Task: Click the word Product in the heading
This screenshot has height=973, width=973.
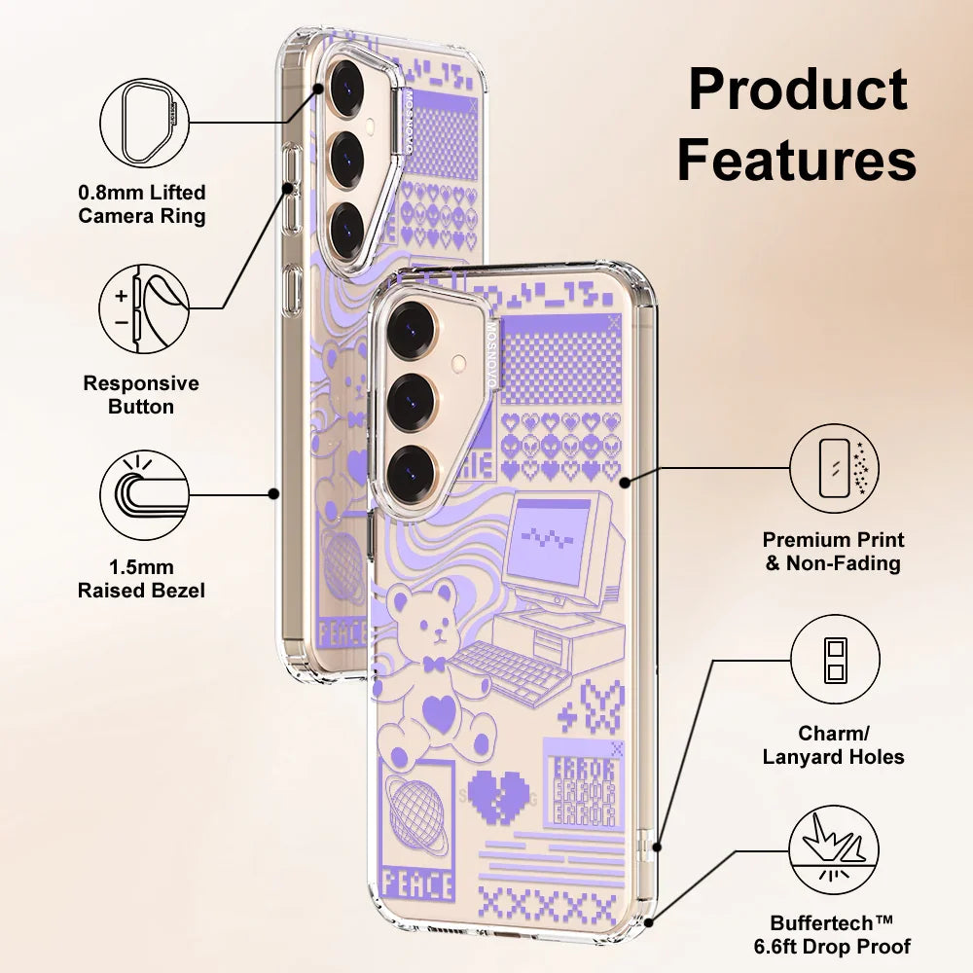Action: pos(798,90)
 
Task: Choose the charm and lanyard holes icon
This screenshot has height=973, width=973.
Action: pos(834,659)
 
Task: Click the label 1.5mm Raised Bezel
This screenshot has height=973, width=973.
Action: pos(142,578)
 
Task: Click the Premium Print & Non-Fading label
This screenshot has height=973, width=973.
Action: pos(834,551)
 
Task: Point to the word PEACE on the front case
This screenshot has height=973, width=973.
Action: pos(418,884)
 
